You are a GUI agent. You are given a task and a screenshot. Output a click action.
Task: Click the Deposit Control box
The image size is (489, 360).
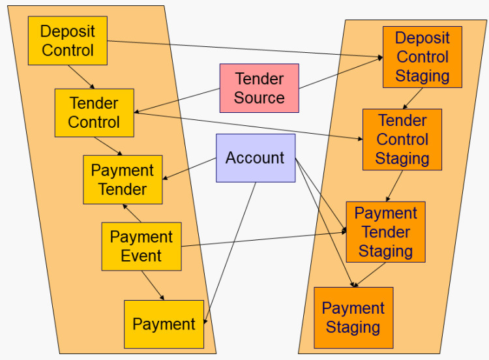(x=67, y=40)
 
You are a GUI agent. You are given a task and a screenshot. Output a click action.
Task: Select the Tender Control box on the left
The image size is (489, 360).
(x=94, y=113)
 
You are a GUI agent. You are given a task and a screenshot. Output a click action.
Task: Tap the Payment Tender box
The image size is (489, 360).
(x=123, y=179)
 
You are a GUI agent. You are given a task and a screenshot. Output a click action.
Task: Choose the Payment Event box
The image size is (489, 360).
(x=141, y=246)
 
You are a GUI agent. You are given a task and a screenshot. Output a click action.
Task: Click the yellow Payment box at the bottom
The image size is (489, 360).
(x=164, y=324)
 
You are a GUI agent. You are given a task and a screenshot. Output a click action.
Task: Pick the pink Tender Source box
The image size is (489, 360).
(x=259, y=88)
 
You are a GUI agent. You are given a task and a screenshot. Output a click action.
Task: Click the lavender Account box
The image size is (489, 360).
(x=255, y=158)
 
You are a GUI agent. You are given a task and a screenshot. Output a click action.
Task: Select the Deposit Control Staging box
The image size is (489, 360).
(x=422, y=57)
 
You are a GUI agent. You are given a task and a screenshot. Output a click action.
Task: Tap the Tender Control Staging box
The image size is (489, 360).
(x=402, y=140)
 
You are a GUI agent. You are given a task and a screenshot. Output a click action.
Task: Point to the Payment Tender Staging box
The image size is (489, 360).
(x=385, y=232)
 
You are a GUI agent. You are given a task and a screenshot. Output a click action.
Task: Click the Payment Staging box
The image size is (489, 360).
(x=353, y=318)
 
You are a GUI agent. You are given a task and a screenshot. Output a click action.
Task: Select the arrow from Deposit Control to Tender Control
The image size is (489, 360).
(x=82, y=77)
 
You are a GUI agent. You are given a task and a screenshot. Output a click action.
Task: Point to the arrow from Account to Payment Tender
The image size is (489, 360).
(x=190, y=169)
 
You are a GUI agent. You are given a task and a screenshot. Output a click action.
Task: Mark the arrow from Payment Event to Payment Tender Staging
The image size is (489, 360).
(x=261, y=239)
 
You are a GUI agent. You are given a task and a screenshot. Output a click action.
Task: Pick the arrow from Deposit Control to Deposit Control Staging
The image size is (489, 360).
(x=244, y=50)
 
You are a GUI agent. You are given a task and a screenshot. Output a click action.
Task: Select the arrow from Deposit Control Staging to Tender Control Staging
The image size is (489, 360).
(x=412, y=98)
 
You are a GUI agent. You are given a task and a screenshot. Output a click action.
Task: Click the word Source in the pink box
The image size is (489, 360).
(x=259, y=98)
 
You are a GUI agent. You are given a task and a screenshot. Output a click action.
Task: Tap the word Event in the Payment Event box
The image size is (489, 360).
(x=141, y=255)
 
